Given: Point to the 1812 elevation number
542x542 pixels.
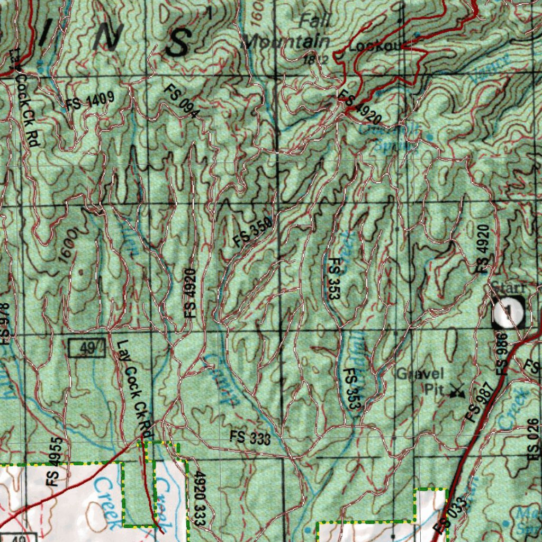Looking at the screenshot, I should (x=316, y=59).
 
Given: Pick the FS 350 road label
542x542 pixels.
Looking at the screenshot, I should (x=253, y=232).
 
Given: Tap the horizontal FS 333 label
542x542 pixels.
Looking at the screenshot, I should (x=250, y=438).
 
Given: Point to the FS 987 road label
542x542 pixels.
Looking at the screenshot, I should (x=482, y=401).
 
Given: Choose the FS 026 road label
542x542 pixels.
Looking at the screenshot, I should (x=532, y=439).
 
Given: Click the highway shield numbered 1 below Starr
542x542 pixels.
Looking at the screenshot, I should (x=509, y=311).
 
